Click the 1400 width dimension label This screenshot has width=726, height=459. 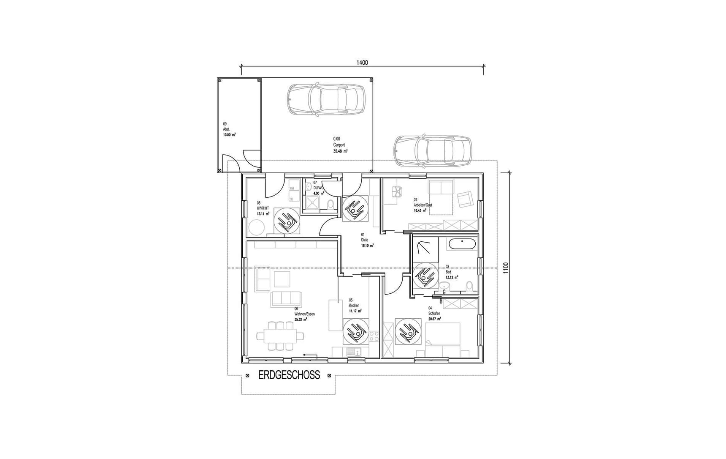pyautogui.click(x=362, y=63)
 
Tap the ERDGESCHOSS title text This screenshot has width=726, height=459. pyautogui.click(x=289, y=375)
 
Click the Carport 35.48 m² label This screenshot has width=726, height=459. pyautogui.click(x=340, y=145)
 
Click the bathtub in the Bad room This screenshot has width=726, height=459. pyautogui.click(x=462, y=244)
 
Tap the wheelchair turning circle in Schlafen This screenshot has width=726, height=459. pyautogui.click(x=408, y=331)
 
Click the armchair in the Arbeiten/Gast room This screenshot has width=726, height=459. pyautogui.click(x=464, y=199)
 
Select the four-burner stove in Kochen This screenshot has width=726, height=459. pyautogui.click(x=374, y=337)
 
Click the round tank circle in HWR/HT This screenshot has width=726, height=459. pyautogui.click(x=256, y=229)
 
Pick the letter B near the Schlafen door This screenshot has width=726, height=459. pyautogui.click(x=441, y=301)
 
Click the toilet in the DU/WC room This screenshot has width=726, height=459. pyautogui.click(x=330, y=205)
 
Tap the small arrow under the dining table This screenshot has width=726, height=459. pyautogui.click(x=310, y=356)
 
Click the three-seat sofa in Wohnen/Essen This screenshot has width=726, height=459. pyautogui.click(x=286, y=299)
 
